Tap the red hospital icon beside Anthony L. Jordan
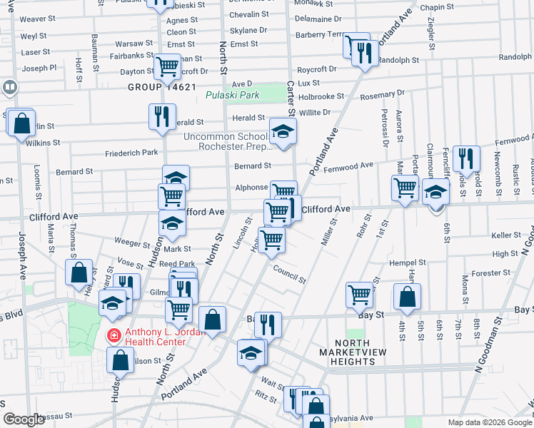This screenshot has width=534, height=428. pos(113,335)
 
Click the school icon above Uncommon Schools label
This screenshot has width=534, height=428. pos(283,131)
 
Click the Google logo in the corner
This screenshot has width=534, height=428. pos(24,419)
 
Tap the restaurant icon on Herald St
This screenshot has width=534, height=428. pos(163,116)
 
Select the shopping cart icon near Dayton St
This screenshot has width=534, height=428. pos(168,67)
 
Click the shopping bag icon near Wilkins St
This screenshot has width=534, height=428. pos(22,122)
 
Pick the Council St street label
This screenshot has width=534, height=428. pos(289,275)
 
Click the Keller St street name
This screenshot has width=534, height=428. pos(506,235)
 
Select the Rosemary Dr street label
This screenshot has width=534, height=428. pos(383,93)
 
